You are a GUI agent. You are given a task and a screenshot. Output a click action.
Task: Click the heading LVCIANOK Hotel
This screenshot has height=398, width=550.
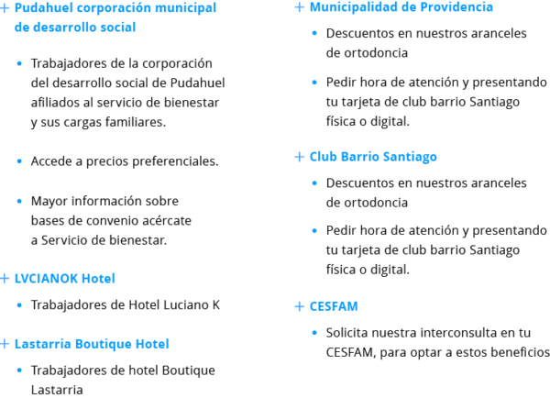64,278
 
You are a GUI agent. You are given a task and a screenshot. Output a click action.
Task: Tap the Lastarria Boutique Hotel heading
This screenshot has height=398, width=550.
92,344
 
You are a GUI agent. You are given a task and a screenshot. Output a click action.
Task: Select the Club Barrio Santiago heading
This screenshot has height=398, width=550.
373,157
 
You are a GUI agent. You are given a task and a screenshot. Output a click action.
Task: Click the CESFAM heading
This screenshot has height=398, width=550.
334,306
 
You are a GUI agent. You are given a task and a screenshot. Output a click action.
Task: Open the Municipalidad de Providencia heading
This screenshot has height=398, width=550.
401,7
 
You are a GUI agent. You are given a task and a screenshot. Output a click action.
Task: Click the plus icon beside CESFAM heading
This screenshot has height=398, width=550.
299,306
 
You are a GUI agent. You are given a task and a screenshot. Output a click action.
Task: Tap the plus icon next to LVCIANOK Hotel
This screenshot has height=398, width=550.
5,279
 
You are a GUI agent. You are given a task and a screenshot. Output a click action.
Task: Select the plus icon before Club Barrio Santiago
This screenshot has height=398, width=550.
299,157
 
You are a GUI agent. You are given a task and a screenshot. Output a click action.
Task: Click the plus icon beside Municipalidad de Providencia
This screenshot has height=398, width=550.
299,7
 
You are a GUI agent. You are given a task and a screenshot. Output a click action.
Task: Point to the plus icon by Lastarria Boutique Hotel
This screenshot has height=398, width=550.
5,344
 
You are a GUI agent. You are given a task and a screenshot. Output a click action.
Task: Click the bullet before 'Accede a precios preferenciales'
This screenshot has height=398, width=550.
19,161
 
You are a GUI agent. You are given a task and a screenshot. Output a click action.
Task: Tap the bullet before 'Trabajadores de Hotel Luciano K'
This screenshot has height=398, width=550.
19,305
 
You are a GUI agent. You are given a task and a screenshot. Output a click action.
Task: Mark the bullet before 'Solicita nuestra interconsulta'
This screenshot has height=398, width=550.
314,333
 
